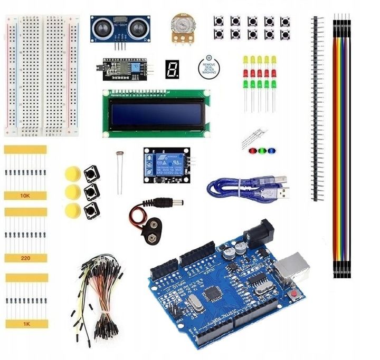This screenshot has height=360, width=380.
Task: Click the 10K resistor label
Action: (x=25, y=196)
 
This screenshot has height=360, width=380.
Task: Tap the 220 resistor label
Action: (x=25, y=258)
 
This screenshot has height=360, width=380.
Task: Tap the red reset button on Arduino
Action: (x=294, y=294)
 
